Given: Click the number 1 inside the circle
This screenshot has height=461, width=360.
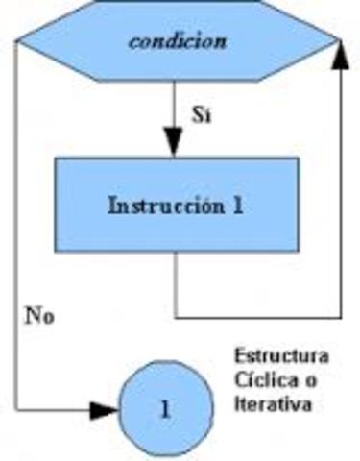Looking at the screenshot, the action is (164, 408).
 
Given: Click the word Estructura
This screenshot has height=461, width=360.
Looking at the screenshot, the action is (281, 356).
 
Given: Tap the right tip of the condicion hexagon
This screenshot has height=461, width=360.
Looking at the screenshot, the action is (341, 41).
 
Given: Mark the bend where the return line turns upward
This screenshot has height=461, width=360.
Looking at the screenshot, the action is (340, 316).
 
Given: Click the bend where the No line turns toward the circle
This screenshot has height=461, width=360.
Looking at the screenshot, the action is (18, 409).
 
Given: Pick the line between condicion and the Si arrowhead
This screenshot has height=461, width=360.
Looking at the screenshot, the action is (174, 101).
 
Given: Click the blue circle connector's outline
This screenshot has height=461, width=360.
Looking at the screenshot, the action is (164, 365).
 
